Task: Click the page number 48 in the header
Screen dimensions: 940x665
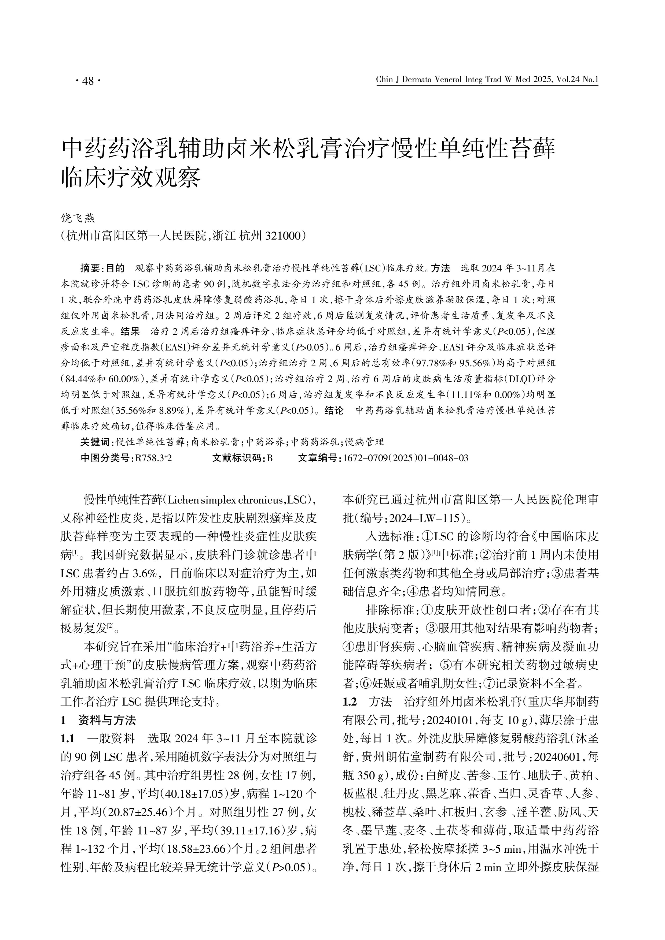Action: click(88, 81)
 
